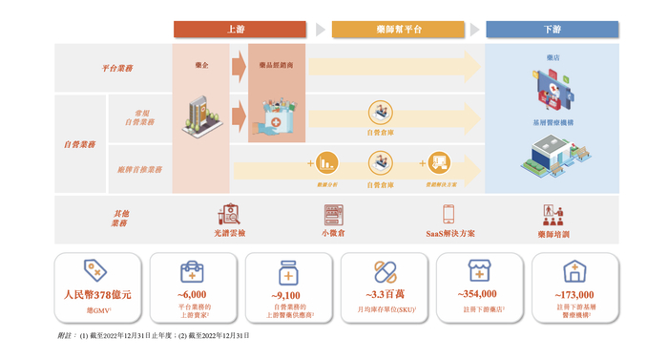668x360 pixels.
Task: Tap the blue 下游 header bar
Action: pos(553,30)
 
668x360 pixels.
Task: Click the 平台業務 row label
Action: pos(118,68)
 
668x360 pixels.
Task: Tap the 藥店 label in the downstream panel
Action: pos(553,58)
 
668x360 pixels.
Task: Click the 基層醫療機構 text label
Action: pos(553,123)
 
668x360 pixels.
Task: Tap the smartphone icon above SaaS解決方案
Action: pos(448,214)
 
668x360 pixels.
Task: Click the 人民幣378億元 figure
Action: pos(95,295)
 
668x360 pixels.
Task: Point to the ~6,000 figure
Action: pos(192,295)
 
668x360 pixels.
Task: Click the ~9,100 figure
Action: pos(287,295)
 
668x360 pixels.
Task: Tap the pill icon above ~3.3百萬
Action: pos(385,270)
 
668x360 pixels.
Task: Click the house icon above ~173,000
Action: pos(574,270)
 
